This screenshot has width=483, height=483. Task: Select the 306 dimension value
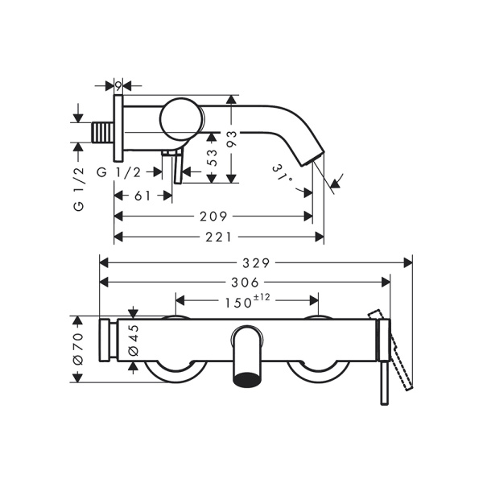(244, 282)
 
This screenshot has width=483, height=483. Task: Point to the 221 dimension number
(218, 237)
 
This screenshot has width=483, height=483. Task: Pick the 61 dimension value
(142, 196)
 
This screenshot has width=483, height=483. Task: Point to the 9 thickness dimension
(118, 85)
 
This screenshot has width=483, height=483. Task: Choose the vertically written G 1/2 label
(78, 189)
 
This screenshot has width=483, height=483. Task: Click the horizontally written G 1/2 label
(118, 172)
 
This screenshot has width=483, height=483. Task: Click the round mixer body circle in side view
(182, 120)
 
